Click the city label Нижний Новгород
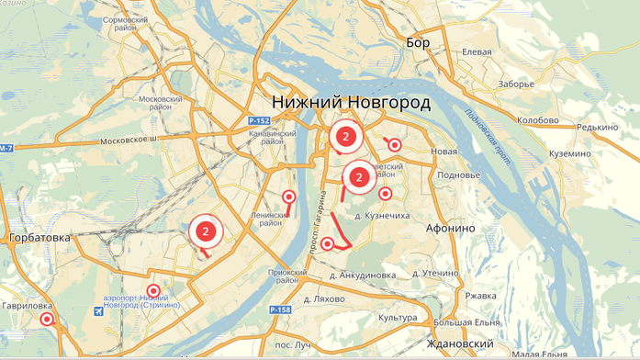point(352,101)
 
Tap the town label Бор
point(418,43)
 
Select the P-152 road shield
point(260,120)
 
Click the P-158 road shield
point(280,311)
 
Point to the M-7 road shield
point(6,149)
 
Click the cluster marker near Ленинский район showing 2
point(206,231)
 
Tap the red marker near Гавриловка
point(47,320)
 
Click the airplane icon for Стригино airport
point(98,311)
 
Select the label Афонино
point(451,228)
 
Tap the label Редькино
point(597,128)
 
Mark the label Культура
point(397,317)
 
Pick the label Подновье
point(459,174)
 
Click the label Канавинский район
point(271,137)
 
